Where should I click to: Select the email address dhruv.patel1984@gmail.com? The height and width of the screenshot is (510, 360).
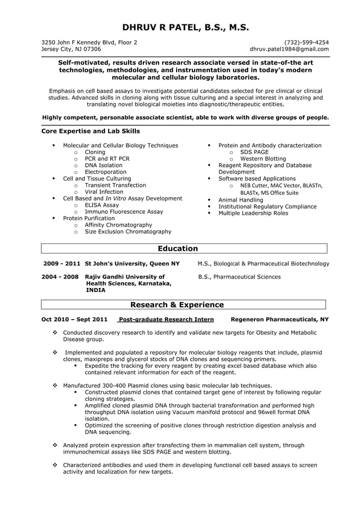(289, 49)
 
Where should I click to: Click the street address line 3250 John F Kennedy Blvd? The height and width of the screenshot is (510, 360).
(89, 42)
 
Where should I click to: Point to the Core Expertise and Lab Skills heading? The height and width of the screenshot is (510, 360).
(91, 131)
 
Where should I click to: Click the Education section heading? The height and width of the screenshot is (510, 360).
(178, 249)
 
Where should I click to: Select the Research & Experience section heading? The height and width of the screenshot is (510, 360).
(177, 305)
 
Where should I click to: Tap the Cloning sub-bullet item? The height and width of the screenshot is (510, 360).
(95, 152)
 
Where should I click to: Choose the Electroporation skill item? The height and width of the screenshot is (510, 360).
(106, 172)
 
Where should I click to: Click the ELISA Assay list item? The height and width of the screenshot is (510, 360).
(102, 205)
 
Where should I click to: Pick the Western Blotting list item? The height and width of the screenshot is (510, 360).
(263, 159)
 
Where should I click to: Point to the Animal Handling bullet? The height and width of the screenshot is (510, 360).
(240, 200)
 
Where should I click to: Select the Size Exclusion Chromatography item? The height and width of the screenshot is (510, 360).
(128, 232)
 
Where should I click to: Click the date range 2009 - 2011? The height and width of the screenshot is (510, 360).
(62, 264)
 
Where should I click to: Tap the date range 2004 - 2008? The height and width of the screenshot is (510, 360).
(60, 277)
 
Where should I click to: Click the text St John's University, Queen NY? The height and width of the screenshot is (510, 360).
(132, 264)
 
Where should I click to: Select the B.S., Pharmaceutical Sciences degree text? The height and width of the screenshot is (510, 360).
(239, 277)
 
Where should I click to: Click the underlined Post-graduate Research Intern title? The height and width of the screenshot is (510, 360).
(165, 319)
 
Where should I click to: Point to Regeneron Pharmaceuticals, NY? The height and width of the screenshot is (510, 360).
(280, 319)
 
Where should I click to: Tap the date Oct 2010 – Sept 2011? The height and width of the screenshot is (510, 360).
(74, 319)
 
